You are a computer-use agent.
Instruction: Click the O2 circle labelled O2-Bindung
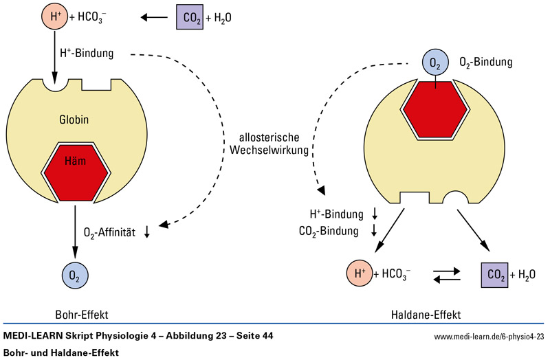click(434, 64)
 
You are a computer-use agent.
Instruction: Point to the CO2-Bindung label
click(329, 231)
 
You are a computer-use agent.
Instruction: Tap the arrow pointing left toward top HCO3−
click(156, 17)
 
